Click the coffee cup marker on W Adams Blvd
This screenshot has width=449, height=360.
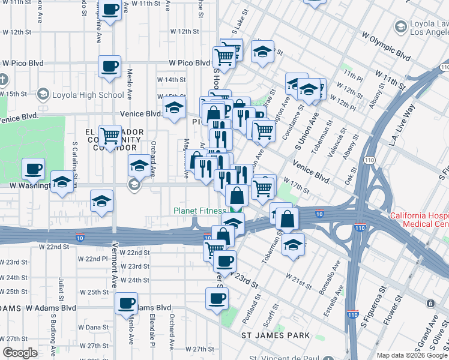(126, 304)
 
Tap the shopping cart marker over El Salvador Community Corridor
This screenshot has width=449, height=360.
(110, 137)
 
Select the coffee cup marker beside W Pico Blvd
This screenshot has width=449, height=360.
(110, 67)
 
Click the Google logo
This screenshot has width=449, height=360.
(20, 353)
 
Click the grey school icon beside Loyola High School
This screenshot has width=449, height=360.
(43, 95)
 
